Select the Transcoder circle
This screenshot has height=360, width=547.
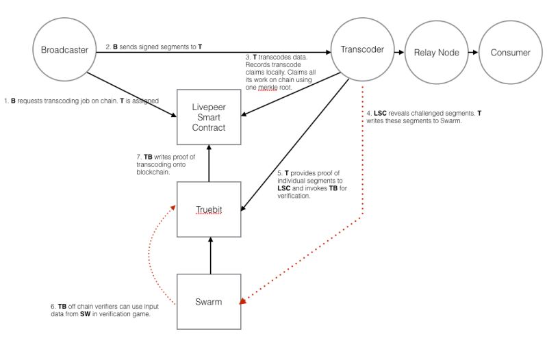(361, 50)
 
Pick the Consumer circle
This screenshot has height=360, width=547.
(510, 53)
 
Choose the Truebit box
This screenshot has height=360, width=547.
(209, 209)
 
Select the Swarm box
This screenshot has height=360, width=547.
(209, 301)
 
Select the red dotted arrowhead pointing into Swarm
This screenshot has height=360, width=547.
(244, 300)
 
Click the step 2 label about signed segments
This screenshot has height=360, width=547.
(153, 47)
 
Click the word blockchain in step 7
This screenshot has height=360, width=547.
(155, 173)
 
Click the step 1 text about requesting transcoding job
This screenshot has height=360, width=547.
(81, 101)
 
